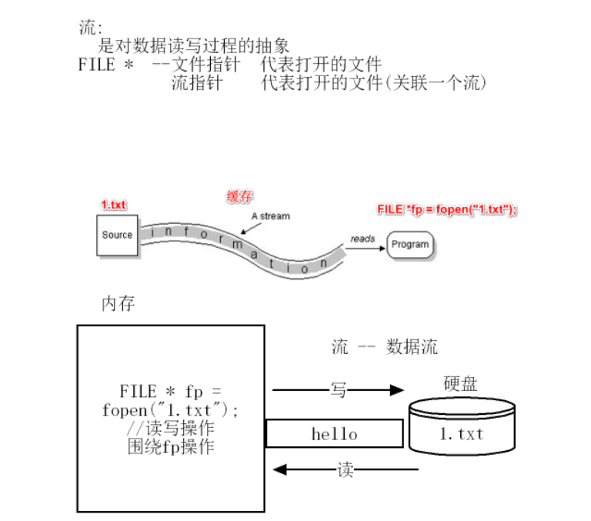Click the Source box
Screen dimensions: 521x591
click(x=117, y=235)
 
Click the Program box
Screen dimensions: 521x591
click(x=409, y=245)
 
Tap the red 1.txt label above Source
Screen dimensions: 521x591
click(x=114, y=205)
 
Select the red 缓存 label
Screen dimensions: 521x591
click(x=239, y=196)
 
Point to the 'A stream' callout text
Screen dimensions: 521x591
click(x=270, y=216)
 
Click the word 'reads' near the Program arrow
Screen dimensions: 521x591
click(x=362, y=239)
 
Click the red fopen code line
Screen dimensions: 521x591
click(x=447, y=209)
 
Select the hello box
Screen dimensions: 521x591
click(x=334, y=433)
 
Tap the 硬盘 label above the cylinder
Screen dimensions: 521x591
click(x=461, y=383)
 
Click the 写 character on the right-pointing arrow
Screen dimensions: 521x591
click(x=338, y=390)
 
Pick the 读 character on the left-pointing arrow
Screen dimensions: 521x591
click(x=346, y=469)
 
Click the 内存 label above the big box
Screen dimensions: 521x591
click(x=119, y=303)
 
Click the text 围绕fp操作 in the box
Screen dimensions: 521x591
click(x=171, y=446)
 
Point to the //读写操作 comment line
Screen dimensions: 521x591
click(x=171, y=428)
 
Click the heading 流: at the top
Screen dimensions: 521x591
click(x=90, y=28)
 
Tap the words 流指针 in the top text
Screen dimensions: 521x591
click(x=195, y=82)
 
